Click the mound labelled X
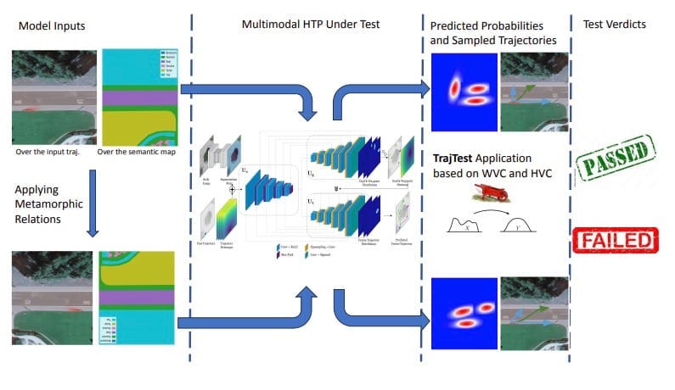point(466,226)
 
